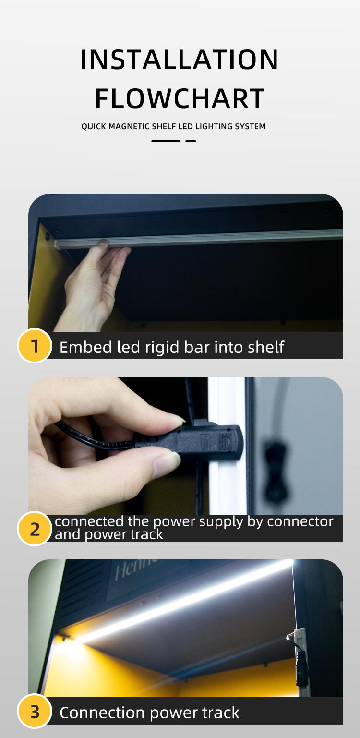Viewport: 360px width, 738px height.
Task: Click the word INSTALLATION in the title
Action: (180, 60)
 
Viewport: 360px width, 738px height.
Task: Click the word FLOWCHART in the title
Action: (180, 98)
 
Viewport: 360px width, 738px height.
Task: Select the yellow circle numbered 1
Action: (35, 346)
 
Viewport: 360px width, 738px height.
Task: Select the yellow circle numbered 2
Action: (35, 529)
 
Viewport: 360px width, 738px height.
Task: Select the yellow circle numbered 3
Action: (35, 711)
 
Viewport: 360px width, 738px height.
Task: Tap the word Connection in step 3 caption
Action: (102, 713)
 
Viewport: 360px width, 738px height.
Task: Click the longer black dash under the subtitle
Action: (166, 141)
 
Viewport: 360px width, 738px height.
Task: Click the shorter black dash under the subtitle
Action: (191, 141)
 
